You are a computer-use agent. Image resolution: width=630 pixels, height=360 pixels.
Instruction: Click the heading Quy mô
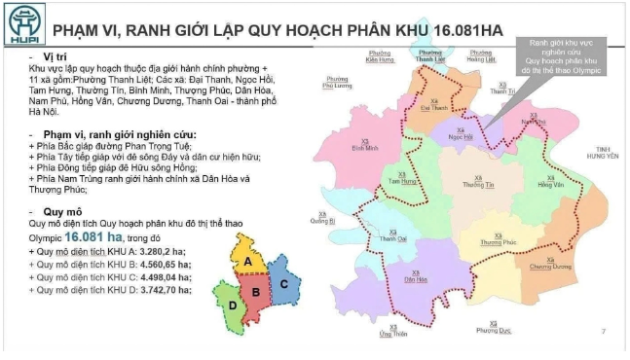[50, 210]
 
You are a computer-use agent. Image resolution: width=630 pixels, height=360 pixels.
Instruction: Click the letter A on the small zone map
[248, 262]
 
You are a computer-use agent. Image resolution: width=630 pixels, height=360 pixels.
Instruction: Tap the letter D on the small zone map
[232, 304]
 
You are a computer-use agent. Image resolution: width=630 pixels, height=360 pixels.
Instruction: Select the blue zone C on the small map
[282, 284]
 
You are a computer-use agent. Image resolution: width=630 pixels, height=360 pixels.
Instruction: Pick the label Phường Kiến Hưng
[381, 57]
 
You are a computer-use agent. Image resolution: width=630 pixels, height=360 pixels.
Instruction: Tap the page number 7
[604, 333]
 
